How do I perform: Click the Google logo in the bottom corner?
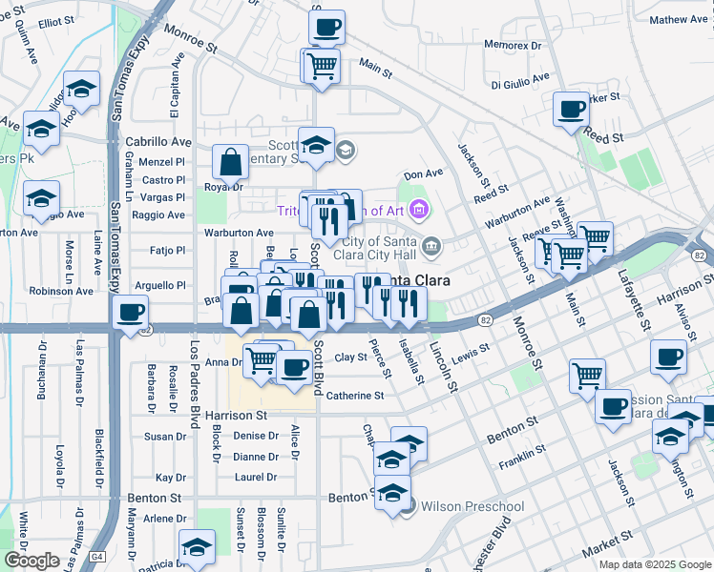31,561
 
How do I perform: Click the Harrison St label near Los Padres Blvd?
234,416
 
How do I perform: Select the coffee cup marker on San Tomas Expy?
130,312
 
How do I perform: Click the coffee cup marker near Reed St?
571,110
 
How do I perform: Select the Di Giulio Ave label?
521,78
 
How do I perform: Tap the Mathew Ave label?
680,19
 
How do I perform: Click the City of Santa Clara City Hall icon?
431,248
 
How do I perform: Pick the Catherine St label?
355,396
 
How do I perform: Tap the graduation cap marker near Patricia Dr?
197,546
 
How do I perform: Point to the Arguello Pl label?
159,285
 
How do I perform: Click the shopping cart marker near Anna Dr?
261,359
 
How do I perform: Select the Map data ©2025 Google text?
655,564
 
